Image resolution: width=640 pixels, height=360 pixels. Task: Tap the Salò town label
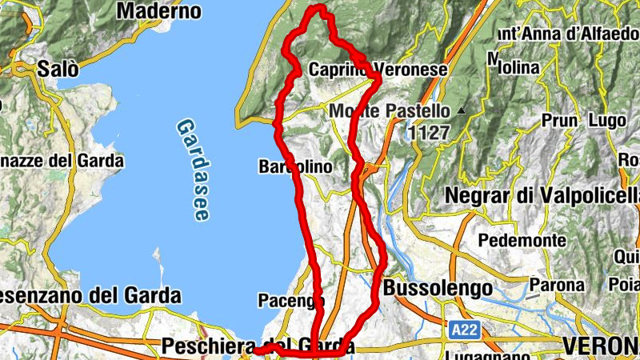click(58, 69)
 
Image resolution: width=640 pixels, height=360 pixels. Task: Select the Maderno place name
click(158, 11)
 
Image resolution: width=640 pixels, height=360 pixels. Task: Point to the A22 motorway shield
click(459, 328)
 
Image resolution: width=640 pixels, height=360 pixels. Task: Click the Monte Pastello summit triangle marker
click(462, 110)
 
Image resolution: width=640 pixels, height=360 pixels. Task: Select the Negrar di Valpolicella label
click(541, 195)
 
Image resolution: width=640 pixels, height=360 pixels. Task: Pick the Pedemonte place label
click(522, 239)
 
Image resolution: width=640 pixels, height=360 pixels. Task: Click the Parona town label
click(556, 284)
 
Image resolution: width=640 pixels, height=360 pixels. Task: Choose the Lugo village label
click(606, 121)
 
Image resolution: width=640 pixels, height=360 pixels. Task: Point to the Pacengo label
click(290, 301)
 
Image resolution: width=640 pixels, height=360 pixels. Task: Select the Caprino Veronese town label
click(378, 70)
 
